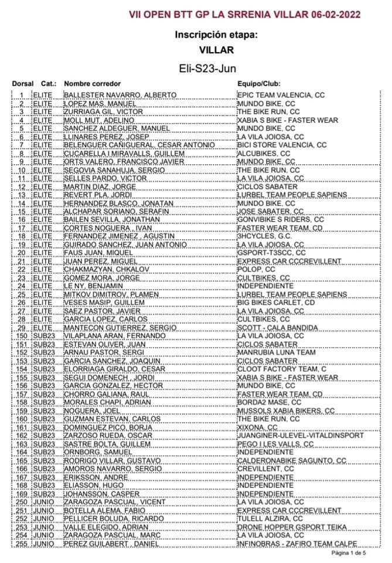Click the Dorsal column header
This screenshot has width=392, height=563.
click(x=22, y=84)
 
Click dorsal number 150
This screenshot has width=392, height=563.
click(x=22, y=336)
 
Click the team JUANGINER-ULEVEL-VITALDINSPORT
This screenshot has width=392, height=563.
click(x=301, y=436)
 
